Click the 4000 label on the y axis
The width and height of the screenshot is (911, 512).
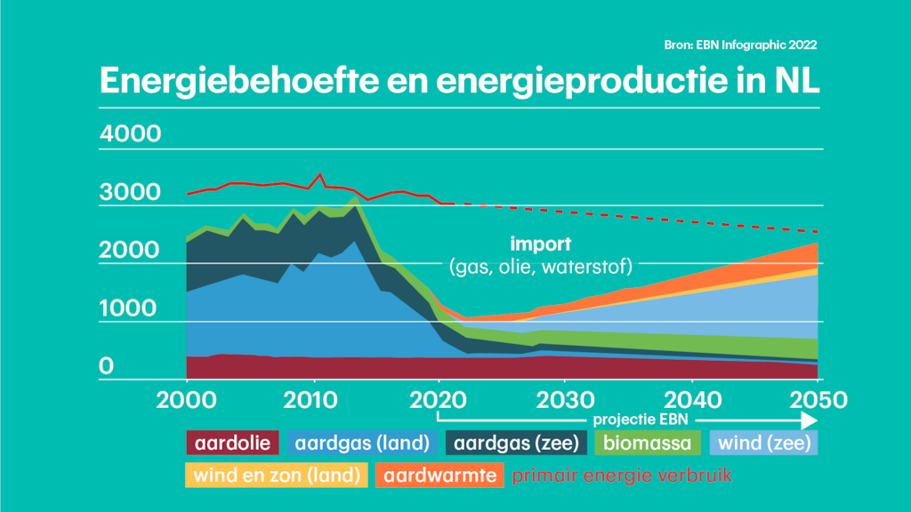(x=131, y=135)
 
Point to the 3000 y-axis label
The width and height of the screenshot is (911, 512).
(x=131, y=193)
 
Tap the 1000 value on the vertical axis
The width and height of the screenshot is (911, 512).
(x=131, y=308)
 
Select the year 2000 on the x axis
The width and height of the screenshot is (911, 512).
(x=186, y=397)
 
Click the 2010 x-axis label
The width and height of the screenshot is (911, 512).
(x=312, y=397)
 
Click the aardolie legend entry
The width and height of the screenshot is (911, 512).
(x=235, y=443)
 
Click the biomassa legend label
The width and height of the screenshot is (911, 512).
(x=648, y=443)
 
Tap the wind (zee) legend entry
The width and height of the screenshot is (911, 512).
(x=764, y=443)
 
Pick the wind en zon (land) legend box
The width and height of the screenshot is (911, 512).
(x=277, y=476)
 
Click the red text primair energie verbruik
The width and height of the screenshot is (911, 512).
(x=622, y=476)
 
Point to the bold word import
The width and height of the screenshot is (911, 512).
(x=540, y=243)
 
